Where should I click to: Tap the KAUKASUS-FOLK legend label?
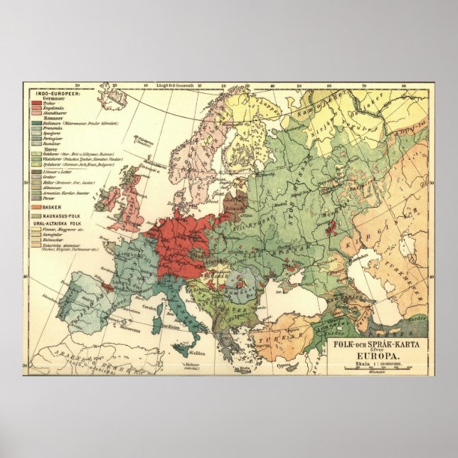point(58,214)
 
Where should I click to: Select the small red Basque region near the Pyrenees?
point(107,287)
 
